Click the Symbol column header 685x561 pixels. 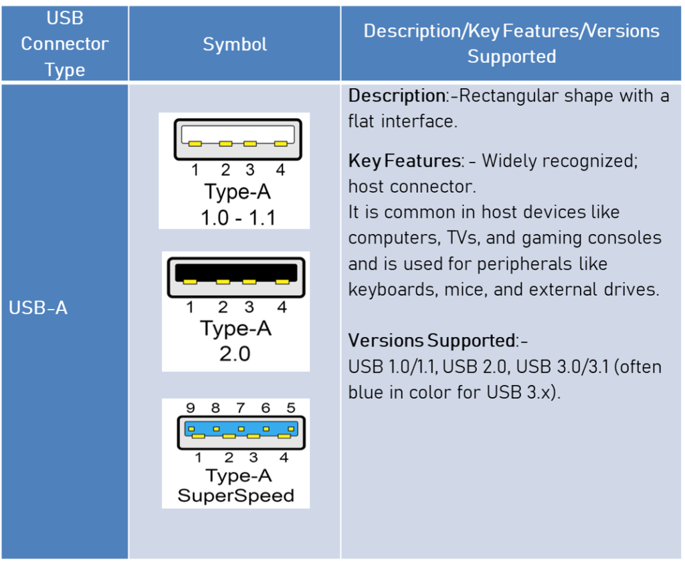235,44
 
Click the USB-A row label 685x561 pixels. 38,309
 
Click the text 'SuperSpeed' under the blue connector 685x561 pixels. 235,496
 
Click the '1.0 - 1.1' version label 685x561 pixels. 238,217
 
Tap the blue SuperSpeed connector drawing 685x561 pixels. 241,433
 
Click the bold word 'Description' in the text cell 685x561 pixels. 396,96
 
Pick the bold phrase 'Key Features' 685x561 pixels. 403,160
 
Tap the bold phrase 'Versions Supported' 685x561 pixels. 431,340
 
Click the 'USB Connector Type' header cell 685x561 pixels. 64,44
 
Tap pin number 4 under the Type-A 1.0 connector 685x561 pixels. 280,171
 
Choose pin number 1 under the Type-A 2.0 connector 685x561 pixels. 190,308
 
